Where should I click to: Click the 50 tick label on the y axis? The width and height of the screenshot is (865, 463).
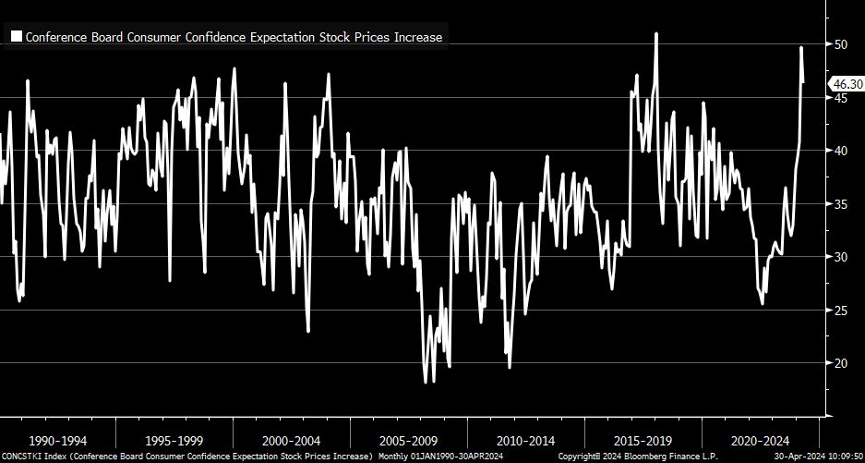[840, 44]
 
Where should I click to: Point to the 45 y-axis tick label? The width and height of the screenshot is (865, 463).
[840, 97]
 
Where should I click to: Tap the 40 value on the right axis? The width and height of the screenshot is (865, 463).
[840, 151]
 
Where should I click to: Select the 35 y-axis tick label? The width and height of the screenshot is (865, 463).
[840, 203]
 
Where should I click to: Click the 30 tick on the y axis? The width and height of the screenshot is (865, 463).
[840, 257]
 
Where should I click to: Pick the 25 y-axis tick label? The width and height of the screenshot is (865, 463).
[840, 310]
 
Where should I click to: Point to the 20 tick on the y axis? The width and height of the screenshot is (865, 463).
[840, 363]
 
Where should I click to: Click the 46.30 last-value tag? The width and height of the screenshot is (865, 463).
[845, 84]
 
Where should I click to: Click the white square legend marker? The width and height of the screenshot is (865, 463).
[16, 37]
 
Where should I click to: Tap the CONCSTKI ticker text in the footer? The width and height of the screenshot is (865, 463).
[20, 457]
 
